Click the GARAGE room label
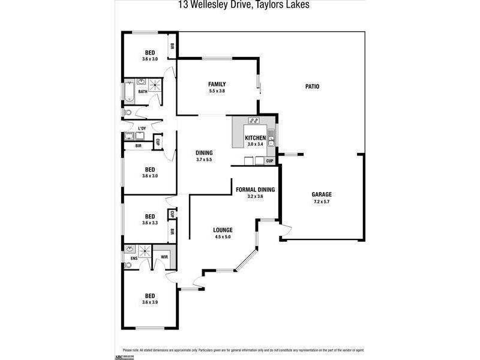[x=322, y=194]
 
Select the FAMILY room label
[x=217, y=83]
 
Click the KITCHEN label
[x=255, y=138]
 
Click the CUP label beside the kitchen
[x=269, y=161]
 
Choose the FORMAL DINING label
[x=255, y=190]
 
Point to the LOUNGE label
[x=223, y=230]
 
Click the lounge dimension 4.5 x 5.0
[x=223, y=237]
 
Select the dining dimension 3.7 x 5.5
[x=204, y=160]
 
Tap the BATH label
[x=143, y=92]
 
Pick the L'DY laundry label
[x=142, y=129]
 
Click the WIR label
[x=164, y=258]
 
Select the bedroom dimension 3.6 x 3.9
[x=150, y=302]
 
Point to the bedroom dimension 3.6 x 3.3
[x=150, y=223]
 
